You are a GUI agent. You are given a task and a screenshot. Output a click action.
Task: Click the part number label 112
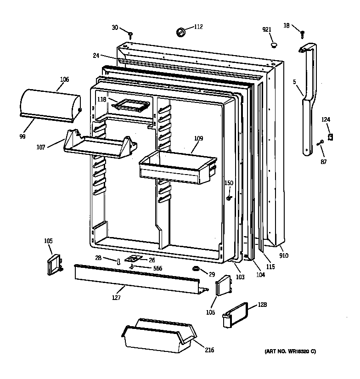click(x=198, y=27)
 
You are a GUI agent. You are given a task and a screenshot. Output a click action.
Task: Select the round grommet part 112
click(x=180, y=32)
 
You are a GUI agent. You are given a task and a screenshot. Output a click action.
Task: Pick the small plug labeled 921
click(x=274, y=45)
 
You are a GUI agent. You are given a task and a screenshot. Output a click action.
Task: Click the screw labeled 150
click(x=229, y=198)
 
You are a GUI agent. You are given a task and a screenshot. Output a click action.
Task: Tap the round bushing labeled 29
click(x=196, y=268)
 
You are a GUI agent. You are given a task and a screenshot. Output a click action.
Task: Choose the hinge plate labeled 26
click(x=135, y=260)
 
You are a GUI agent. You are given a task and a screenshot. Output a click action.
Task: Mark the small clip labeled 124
click(x=329, y=136)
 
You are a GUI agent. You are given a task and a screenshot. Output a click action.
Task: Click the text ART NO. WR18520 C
click(x=290, y=351)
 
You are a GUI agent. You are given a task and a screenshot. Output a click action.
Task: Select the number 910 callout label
click(x=284, y=255)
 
